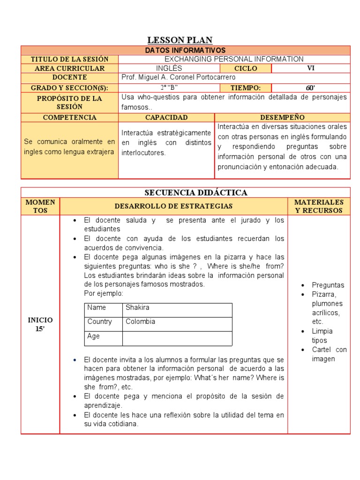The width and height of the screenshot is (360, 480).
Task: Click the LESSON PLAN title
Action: (x=180, y=40)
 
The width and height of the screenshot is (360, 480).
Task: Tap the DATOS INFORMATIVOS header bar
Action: (x=185, y=50)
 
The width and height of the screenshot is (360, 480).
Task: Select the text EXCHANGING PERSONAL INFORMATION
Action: (x=234, y=59)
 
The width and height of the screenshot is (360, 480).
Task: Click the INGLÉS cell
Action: (x=169, y=68)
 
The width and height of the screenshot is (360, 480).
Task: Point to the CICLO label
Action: (x=245, y=68)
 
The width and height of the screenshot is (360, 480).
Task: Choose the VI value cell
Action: (x=310, y=68)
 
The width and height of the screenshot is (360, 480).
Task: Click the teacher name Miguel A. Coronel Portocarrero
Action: (x=178, y=77)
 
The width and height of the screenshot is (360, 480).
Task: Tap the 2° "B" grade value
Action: (x=169, y=88)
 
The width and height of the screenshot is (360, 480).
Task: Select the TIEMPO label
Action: (x=245, y=88)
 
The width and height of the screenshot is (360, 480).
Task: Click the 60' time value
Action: (x=310, y=88)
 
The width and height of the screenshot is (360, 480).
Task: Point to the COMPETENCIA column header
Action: (x=70, y=117)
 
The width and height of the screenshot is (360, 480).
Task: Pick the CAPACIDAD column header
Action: (x=166, y=117)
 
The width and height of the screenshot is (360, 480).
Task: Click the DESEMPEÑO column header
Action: (x=282, y=117)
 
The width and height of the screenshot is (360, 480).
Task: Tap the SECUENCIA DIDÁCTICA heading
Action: (x=196, y=193)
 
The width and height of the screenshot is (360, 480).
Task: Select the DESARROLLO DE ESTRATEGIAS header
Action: (x=174, y=206)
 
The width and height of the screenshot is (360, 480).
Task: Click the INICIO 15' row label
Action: (x=40, y=324)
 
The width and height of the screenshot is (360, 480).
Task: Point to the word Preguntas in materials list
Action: (x=328, y=285)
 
